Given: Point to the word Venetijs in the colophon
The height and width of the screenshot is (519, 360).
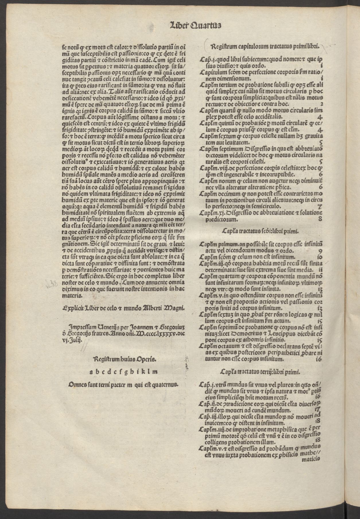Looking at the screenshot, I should coord(100,327).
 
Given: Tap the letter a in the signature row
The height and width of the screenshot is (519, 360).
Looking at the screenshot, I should coord(91,372).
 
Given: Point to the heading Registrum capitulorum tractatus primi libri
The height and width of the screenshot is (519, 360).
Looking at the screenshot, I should coord(265,46).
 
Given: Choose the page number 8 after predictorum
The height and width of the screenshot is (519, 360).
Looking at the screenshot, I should coord(320,219).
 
